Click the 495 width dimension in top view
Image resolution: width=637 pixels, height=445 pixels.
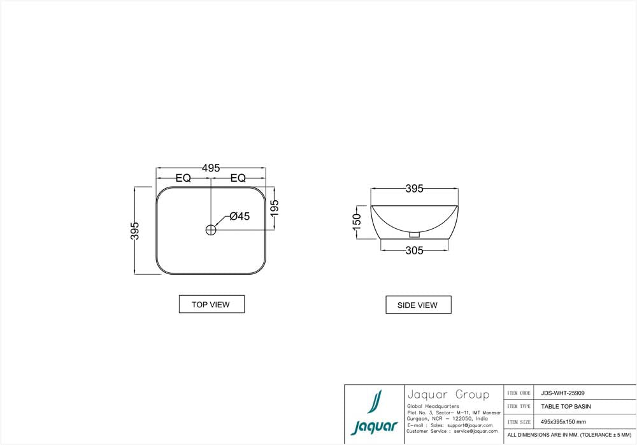pyautogui.click(x=211, y=168)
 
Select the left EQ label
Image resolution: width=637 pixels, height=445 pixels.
pyautogui.click(x=183, y=179)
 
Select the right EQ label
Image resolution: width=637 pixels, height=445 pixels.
pyautogui.click(x=238, y=179)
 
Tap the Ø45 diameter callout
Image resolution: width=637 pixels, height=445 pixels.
pyautogui.click(x=240, y=216)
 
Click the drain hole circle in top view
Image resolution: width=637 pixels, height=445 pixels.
pyautogui.click(x=211, y=230)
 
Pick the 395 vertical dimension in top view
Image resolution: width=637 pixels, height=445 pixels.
pyautogui.click(x=135, y=231)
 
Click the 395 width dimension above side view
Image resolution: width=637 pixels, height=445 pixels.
pyautogui.click(x=414, y=189)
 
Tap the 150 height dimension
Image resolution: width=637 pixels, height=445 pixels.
pyautogui.click(x=357, y=222)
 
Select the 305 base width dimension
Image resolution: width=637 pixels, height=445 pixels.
pyautogui.click(x=414, y=251)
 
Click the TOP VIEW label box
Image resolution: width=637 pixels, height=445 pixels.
pyautogui.click(x=211, y=305)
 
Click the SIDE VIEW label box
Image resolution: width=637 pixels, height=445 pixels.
pyautogui.click(x=418, y=305)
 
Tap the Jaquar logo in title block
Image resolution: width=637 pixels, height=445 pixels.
pyautogui.click(x=375, y=414)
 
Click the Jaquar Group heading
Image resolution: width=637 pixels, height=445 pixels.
pyautogui.click(x=447, y=395)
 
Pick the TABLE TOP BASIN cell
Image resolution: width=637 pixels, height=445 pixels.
pyautogui.click(x=566, y=406)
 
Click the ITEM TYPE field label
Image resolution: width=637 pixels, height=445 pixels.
pyautogui.click(x=519, y=406)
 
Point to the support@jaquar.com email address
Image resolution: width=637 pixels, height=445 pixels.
pyautogui.click(x=470, y=425)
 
